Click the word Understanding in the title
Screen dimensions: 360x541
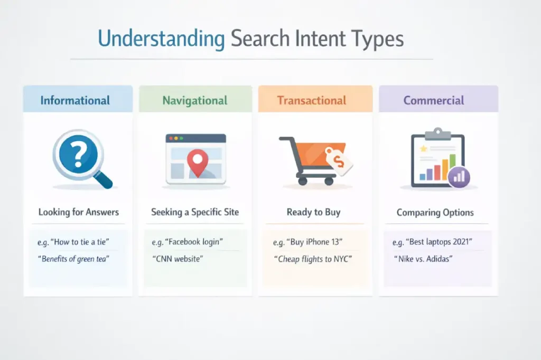tap(161, 40)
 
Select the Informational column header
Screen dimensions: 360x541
tap(75, 100)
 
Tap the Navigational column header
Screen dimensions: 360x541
tap(195, 100)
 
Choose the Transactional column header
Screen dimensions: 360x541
tap(312, 100)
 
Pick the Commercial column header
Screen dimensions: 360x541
tap(434, 100)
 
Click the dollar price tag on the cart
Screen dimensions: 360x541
tap(339, 160)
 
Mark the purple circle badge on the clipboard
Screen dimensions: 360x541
tap(459, 176)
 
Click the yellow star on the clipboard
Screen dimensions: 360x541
tap(423, 149)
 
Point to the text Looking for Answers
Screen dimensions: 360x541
tap(79, 213)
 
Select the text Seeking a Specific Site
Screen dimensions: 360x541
tap(195, 212)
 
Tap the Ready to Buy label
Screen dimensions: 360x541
tap(313, 212)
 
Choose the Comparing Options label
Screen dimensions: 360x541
tap(435, 213)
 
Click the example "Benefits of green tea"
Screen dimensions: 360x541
tap(73, 259)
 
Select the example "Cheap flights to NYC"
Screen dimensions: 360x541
tap(313, 259)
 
